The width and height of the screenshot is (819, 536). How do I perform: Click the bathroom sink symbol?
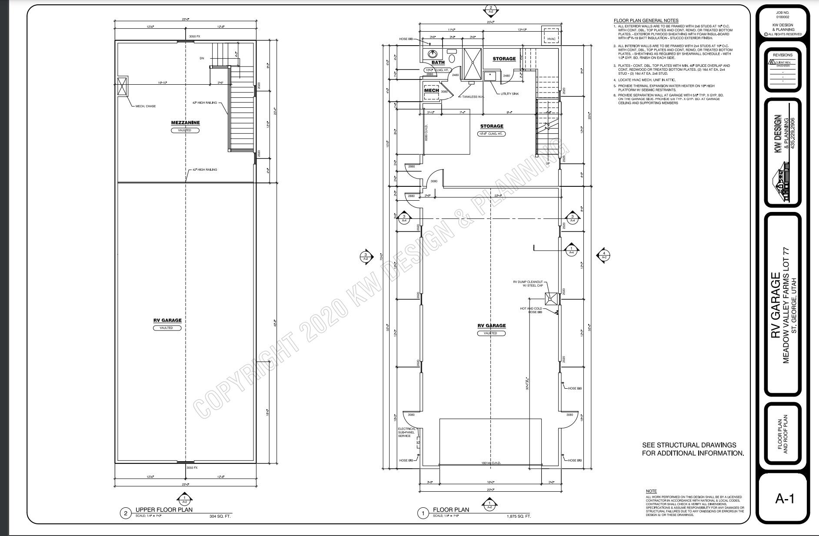pyautogui.click(x=432, y=54)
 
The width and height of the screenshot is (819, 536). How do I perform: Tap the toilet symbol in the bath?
pyautogui.click(x=452, y=57)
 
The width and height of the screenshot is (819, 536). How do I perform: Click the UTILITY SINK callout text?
pyautogui.click(x=509, y=94)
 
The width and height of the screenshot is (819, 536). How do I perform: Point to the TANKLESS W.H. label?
pyautogui.click(x=473, y=96)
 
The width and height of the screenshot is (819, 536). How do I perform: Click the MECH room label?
pyautogui.click(x=431, y=90)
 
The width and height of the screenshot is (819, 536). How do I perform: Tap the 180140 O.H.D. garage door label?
pyautogui.click(x=491, y=463)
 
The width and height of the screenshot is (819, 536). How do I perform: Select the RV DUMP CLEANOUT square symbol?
pyautogui.click(x=551, y=299)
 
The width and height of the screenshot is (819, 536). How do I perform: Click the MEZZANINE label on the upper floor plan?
pyautogui.click(x=185, y=122)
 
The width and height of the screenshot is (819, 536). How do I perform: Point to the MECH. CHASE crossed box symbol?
pyautogui.click(x=123, y=86)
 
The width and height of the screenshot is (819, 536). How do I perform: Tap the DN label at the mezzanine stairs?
pyautogui.click(x=202, y=58)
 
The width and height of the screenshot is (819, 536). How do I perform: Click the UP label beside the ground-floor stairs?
pyautogui.click(x=547, y=163)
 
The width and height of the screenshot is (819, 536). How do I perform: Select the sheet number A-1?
pyautogui.click(x=784, y=499)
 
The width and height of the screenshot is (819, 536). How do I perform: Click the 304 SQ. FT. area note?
pyautogui.click(x=220, y=516)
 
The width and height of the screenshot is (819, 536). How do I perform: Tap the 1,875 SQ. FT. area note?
pyautogui.click(x=519, y=516)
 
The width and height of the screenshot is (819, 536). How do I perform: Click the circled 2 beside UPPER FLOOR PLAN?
pyautogui.click(x=126, y=513)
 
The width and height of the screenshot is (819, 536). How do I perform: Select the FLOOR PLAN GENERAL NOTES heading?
pyautogui.click(x=646, y=20)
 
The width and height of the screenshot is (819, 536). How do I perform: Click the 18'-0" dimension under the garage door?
pyautogui.click(x=490, y=482)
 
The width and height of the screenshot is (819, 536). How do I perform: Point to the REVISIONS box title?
pyautogui.click(x=782, y=55)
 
